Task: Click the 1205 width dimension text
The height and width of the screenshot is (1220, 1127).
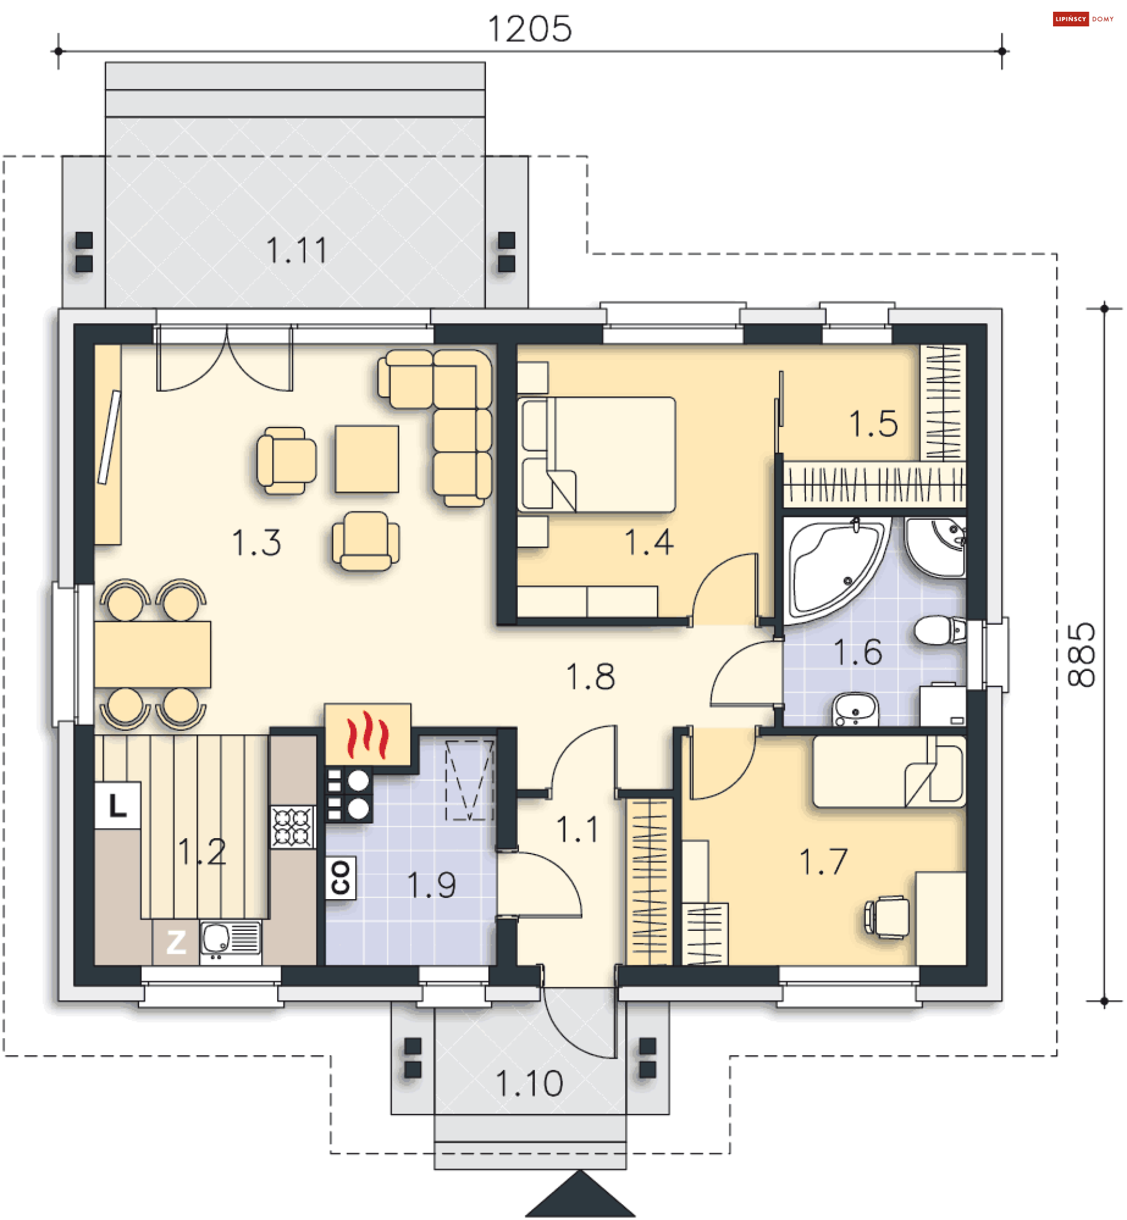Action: coord(529,29)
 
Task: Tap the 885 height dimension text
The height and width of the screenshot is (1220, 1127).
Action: coord(1082,655)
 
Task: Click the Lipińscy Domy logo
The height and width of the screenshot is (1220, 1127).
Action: coord(1083,19)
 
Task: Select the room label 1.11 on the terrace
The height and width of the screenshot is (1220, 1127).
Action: coord(297,250)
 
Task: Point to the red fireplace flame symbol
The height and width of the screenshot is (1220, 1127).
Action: coord(367,734)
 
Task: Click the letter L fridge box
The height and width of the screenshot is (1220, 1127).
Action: coord(117,806)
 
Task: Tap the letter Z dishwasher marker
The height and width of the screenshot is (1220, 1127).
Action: coord(176,942)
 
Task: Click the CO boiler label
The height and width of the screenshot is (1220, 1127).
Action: coord(340,878)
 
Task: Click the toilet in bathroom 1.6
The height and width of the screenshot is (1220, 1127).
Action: coord(940,630)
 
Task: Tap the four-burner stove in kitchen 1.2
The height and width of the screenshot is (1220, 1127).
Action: coord(293,827)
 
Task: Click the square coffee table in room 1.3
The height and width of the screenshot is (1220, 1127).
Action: coord(366,459)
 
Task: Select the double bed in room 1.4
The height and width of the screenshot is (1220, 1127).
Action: coord(596,455)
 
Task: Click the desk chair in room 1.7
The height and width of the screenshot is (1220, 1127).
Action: coord(888,917)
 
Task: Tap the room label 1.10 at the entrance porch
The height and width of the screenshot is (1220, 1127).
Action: coord(529,1083)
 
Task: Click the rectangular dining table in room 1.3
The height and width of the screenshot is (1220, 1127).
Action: coord(153,655)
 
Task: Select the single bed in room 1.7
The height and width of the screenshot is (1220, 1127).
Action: coord(889,771)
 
